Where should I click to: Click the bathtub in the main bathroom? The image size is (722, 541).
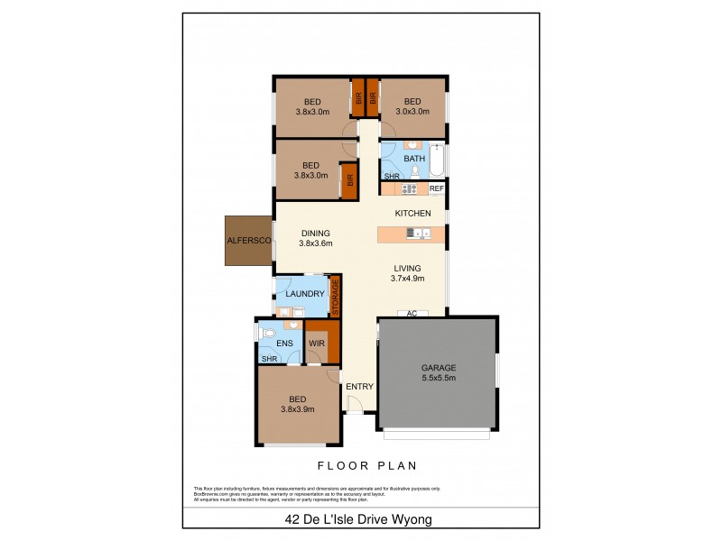click(x=437, y=160)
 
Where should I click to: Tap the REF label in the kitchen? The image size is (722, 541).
click(x=436, y=188)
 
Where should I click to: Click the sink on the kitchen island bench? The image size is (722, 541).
click(x=416, y=234)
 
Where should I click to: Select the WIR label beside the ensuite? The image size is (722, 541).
click(x=315, y=344)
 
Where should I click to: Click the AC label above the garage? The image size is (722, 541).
click(x=411, y=314)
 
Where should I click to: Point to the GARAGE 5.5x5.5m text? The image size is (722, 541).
click(x=439, y=372)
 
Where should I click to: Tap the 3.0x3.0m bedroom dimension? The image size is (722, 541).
click(x=413, y=112)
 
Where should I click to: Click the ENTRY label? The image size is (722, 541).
click(x=360, y=387)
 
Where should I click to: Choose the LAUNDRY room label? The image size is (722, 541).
click(x=305, y=294)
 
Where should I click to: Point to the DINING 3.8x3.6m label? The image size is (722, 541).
click(x=316, y=237)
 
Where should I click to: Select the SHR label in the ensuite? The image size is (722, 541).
click(x=269, y=359)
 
